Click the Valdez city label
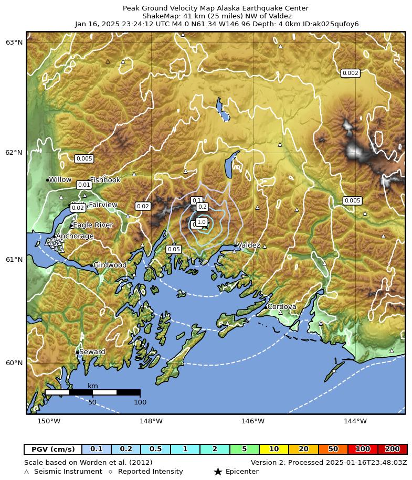(249, 245)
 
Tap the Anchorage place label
(75, 236)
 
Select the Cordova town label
(282, 306)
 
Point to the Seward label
(92, 352)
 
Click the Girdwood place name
(110, 265)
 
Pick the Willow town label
(60, 179)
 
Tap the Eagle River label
(92, 225)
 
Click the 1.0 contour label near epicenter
(201, 222)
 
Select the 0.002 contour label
(350, 73)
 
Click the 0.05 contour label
(174, 249)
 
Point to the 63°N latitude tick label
(14, 42)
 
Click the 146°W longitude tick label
(253, 421)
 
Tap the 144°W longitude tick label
(355, 421)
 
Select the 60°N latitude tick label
(14, 362)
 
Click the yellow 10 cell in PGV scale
(274, 449)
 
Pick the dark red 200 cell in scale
(392, 449)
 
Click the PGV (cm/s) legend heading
(53, 449)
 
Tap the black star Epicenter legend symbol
(218, 472)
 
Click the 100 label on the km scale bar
(140, 402)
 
